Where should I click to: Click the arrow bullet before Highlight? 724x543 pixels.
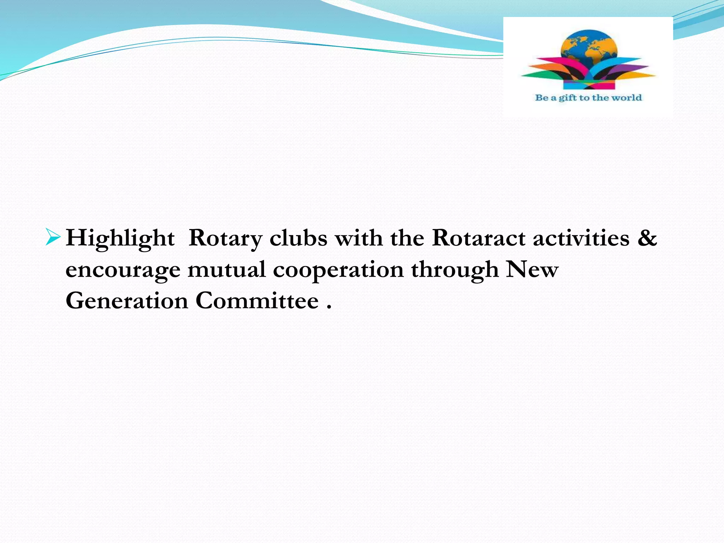(53, 237)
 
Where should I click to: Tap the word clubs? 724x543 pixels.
(298, 238)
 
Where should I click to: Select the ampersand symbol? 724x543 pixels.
(647, 238)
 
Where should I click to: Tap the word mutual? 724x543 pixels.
(227, 269)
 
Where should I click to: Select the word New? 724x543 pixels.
(532, 269)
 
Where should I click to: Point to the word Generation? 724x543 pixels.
(127, 301)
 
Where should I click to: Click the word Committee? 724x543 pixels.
(257, 301)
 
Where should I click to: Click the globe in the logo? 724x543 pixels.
(589, 46)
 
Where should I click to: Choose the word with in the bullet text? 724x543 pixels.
(359, 238)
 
